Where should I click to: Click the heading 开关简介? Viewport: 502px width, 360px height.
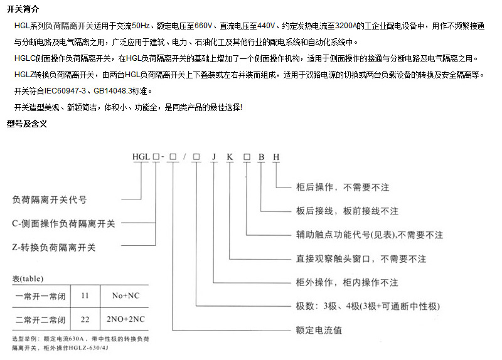tap(23, 9)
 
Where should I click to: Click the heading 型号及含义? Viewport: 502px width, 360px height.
tap(26, 124)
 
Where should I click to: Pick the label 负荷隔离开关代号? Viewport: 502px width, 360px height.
tap(50, 200)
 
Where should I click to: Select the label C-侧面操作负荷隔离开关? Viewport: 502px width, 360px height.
tap(64, 223)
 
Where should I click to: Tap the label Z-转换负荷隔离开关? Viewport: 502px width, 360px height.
tap(54, 248)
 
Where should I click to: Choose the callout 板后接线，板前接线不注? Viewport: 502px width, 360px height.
tap(347, 211)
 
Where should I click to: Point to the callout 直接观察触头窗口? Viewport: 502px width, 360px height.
tap(361, 259)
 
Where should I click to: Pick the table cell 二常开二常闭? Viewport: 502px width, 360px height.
tap(40, 319)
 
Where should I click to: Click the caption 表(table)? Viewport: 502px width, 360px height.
tap(28, 278)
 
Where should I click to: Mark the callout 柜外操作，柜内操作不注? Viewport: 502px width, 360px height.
tap(347, 283)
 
